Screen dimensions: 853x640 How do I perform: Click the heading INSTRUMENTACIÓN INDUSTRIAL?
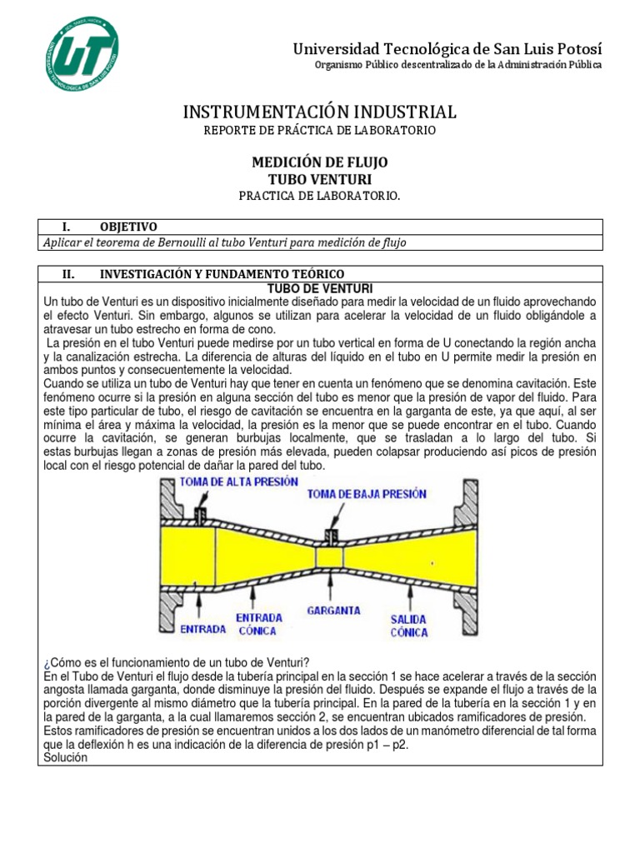(319, 112)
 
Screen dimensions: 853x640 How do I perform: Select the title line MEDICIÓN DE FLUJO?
(320, 162)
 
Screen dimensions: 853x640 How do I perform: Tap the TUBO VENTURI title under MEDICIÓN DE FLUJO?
(320, 179)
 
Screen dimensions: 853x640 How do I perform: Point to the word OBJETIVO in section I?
(128, 227)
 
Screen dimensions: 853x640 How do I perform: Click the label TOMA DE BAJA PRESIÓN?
(367, 493)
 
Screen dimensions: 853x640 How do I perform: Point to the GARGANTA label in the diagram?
(333, 610)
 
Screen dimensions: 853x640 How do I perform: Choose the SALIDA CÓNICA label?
(409, 626)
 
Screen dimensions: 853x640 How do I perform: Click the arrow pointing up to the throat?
(332, 587)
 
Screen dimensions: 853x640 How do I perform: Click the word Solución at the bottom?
(63, 757)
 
